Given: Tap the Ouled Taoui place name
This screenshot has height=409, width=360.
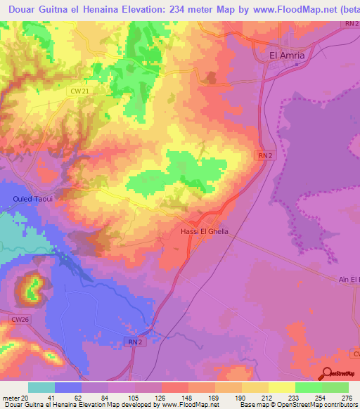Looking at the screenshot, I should point(33,199).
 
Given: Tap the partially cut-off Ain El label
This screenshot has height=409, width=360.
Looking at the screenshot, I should point(348,280).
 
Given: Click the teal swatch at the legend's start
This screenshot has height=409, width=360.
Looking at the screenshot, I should point(41,387).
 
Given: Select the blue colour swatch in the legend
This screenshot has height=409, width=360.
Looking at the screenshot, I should point(68,387).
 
